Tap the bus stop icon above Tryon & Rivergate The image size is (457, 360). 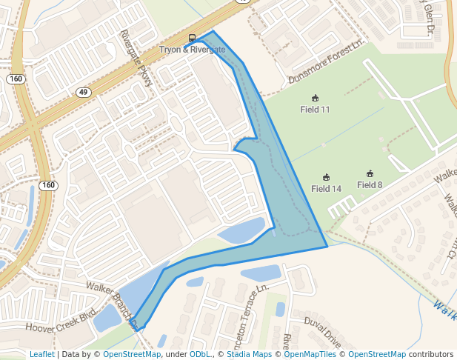[x=192, y=39]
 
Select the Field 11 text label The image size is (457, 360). [x=315, y=110]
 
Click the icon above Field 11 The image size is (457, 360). [x=315, y=99]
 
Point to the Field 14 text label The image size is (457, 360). [x=326, y=189]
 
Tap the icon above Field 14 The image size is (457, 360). [x=326, y=178]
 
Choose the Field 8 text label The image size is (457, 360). [x=370, y=184]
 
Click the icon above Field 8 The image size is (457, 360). [x=370, y=174]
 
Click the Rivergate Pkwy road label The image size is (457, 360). [x=136, y=59]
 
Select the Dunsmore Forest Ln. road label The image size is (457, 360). [x=327, y=67]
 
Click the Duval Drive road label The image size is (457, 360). [x=322, y=331]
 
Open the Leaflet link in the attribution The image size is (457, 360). [x=41, y=355]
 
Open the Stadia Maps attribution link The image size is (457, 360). [x=249, y=355]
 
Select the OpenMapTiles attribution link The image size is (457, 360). [x=309, y=355]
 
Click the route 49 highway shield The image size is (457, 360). [x=83, y=92]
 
